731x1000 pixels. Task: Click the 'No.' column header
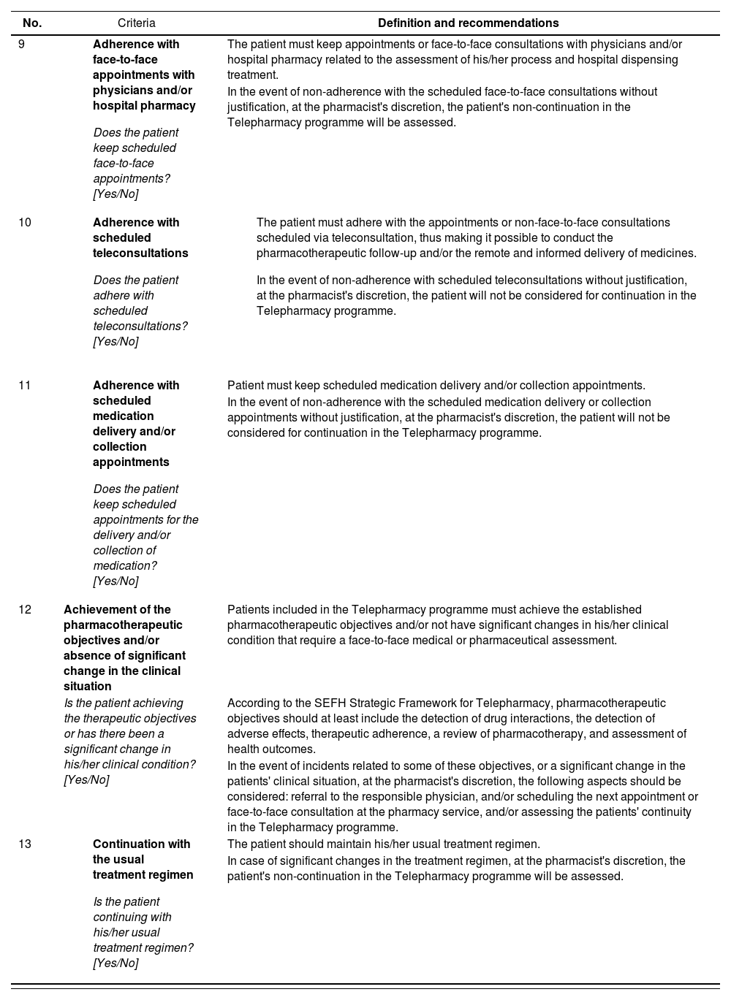32,23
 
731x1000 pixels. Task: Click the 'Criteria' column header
137,23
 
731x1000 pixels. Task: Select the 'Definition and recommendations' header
468,23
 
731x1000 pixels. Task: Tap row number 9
22,45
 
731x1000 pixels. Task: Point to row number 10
25,223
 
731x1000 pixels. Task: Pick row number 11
25,386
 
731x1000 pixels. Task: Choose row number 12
25,610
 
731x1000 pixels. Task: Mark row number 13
25,844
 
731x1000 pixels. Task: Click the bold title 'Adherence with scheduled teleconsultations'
140,238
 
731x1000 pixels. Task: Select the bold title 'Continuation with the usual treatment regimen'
143,860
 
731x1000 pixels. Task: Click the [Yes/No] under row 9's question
115,194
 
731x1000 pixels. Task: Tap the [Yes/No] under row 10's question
115,342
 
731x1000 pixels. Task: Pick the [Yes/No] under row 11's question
115,581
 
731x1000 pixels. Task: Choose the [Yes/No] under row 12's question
86,780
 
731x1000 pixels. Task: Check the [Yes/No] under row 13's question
115,963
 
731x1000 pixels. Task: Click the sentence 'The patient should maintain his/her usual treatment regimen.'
384,844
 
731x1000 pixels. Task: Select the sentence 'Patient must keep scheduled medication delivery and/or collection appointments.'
436,386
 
